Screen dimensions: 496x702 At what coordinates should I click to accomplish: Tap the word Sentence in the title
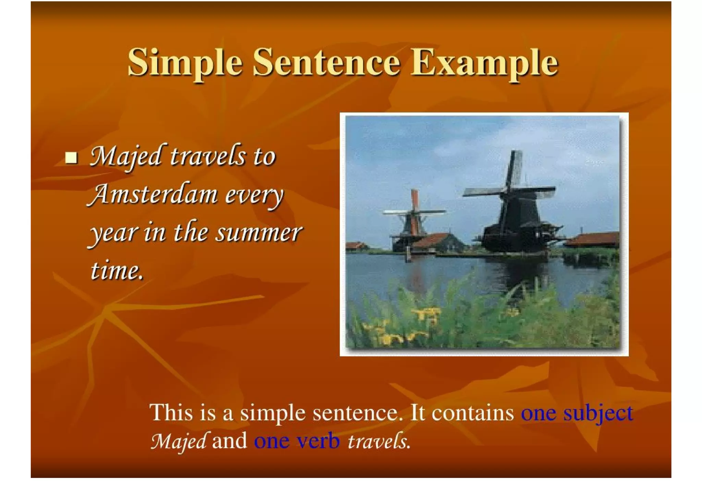click(x=326, y=63)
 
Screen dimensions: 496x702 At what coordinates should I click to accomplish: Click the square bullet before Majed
click(x=71, y=158)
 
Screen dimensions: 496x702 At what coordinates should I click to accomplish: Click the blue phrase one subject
click(x=577, y=412)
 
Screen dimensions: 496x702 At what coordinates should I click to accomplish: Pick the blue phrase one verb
click(x=297, y=441)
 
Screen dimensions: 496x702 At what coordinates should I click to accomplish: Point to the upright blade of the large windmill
click(x=514, y=168)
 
